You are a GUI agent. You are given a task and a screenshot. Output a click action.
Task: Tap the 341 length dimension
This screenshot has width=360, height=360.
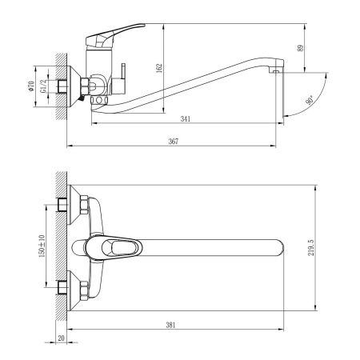click(186, 120)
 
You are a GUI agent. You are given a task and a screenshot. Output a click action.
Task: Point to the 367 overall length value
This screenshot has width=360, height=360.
click(173, 141)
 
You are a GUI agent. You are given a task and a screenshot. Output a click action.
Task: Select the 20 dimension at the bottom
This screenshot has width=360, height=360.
click(62, 339)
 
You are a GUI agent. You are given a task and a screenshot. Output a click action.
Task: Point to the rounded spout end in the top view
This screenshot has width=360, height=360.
click(280, 248)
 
